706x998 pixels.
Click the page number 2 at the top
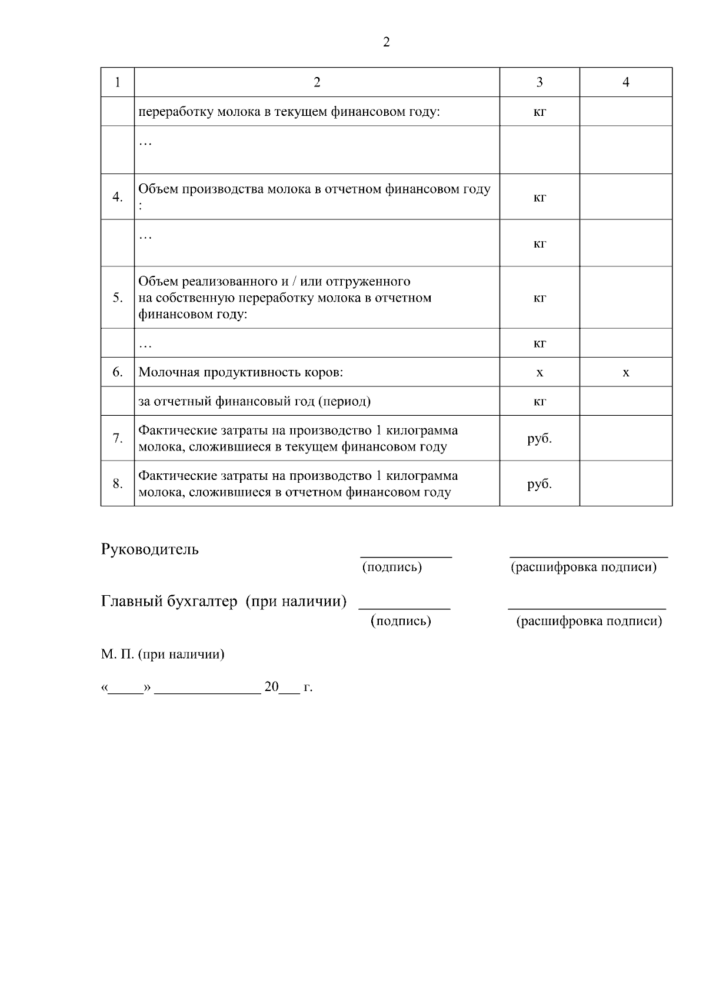(x=386, y=42)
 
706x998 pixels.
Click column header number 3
(x=540, y=82)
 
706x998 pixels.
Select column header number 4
(x=625, y=82)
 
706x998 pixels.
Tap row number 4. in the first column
(x=118, y=197)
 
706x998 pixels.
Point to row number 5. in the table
(x=118, y=298)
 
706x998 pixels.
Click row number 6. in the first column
(x=118, y=372)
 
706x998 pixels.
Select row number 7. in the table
(x=118, y=439)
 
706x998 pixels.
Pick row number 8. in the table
(x=118, y=483)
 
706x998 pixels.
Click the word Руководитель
(x=150, y=549)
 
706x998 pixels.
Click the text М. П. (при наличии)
(x=162, y=654)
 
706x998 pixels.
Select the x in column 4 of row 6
(x=625, y=373)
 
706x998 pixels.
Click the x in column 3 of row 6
(x=540, y=373)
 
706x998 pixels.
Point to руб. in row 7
(x=540, y=439)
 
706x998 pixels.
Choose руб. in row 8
(x=540, y=484)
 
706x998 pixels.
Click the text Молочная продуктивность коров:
(x=241, y=372)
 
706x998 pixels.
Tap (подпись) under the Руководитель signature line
(x=392, y=567)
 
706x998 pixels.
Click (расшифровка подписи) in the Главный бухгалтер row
(x=589, y=621)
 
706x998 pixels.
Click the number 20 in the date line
(x=271, y=687)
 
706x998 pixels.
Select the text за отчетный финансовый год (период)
(x=254, y=402)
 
